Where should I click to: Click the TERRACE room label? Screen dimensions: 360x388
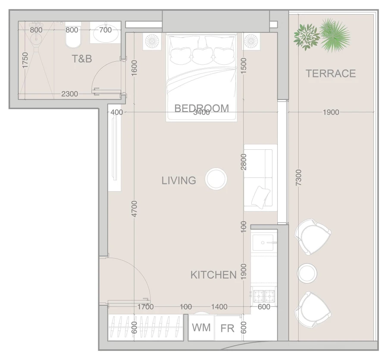pyautogui.click(x=331, y=73)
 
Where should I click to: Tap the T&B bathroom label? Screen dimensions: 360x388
pyautogui.click(x=82, y=59)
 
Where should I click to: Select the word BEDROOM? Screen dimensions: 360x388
pyautogui.click(x=202, y=108)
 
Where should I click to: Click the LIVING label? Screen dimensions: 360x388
pyautogui.click(x=178, y=180)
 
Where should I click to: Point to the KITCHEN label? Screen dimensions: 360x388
pyautogui.click(x=213, y=275)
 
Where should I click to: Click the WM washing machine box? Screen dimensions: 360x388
pyautogui.click(x=201, y=328)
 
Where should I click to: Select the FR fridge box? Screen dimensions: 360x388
pyautogui.click(x=227, y=328)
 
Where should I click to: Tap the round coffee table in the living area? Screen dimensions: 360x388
pyautogui.click(x=216, y=179)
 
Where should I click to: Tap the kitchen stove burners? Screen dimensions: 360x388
pyautogui.click(x=264, y=295)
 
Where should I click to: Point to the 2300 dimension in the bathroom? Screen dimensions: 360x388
pyautogui.click(x=69, y=94)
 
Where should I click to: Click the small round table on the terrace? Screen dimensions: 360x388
pyautogui.click(x=307, y=273)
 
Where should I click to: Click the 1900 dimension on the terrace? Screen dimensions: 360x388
pyautogui.click(x=331, y=112)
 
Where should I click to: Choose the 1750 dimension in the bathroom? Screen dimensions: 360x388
pyautogui.click(x=25, y=60)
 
